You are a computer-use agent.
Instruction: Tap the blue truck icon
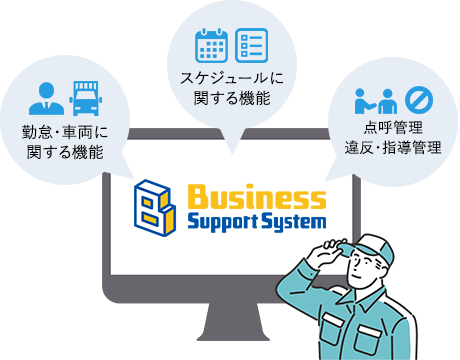click(86, 98)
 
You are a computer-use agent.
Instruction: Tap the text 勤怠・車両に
click(65, 133)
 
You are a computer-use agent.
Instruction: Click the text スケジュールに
click(231, 78)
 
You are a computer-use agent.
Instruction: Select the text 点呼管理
click(393, 129)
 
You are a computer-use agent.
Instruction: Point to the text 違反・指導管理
click(393, 149)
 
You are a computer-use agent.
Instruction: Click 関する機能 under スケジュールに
click(231, 98)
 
